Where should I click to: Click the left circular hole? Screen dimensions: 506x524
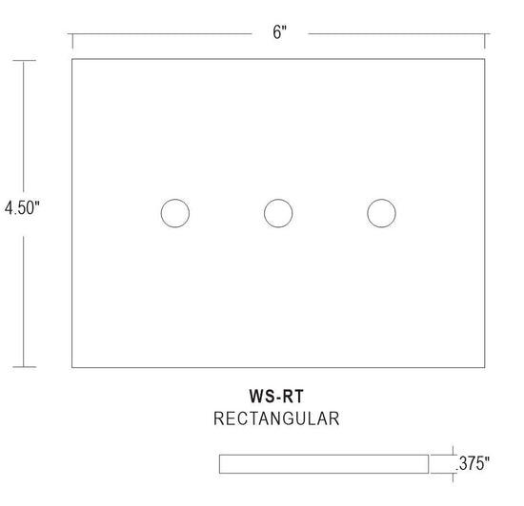[174, 213]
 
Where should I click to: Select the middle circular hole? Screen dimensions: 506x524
[278, 213]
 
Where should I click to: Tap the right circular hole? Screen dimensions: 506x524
[382, 213]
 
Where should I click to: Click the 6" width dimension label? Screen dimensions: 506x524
[279, 33]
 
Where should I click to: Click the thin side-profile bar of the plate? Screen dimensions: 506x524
[324, 463]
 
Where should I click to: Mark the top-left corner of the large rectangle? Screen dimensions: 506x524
[72, 60]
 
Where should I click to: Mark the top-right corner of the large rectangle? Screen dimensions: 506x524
[487, 60]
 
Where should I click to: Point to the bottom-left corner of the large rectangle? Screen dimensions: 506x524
[72, 367]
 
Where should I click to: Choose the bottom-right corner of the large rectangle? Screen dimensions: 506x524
[487, 367]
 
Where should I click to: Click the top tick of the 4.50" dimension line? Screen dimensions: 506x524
[25, 60]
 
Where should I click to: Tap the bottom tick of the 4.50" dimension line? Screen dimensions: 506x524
[25, 367]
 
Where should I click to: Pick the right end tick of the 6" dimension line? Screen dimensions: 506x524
[487, 39]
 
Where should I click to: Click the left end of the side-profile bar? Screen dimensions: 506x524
[220, 463]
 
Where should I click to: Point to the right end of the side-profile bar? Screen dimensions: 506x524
[428, 463]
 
